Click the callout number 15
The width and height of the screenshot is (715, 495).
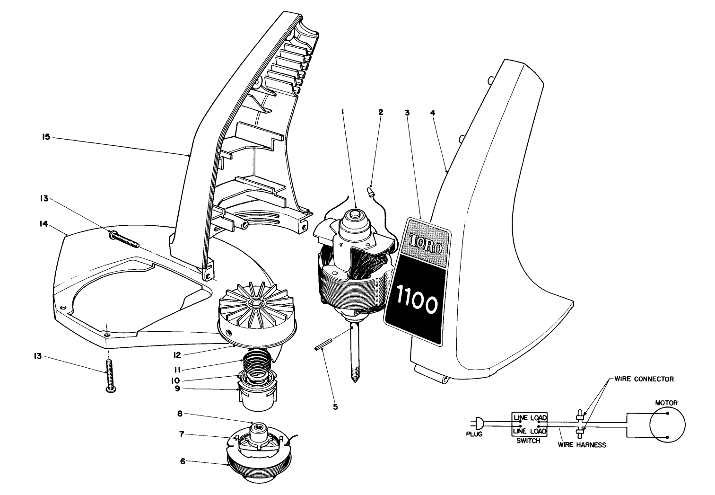coord(46,138)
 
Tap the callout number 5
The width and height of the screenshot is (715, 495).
coord(335,406)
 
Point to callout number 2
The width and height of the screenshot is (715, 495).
coord(381,113)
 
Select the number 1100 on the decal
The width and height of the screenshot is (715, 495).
coord(417,304)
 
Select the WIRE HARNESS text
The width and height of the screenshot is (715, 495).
coord(582,445)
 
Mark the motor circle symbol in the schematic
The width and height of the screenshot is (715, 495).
coord(667,424)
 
